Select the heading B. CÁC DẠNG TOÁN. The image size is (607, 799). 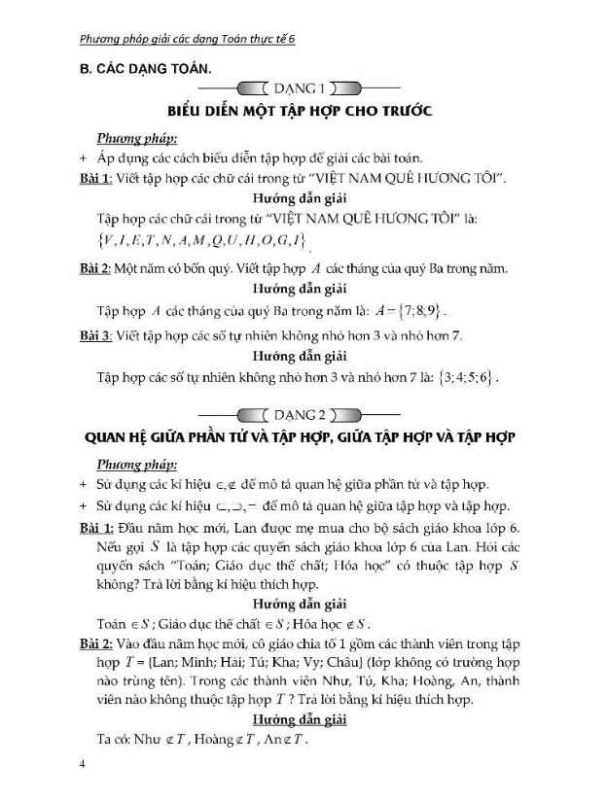tap(146, 65)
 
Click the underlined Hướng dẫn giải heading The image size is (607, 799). tap(303, 719)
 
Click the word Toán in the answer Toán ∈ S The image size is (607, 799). tap(114, 623)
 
